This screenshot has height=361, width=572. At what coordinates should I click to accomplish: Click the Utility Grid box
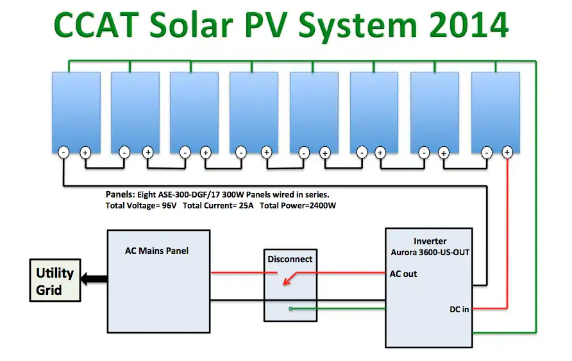click(55, 281)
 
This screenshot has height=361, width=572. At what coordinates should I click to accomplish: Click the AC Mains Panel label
click(156, 250)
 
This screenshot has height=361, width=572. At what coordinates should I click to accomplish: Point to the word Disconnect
click(290, 259)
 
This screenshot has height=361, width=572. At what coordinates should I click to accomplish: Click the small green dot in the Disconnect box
click(290, 309)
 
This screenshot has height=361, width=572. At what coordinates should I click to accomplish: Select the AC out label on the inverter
click(403, 274)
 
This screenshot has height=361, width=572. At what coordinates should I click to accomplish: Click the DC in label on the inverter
click(458, 309)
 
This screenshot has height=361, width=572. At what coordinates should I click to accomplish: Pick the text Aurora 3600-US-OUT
click(430, 253)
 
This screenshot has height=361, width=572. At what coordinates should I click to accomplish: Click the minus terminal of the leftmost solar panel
click(64, 153)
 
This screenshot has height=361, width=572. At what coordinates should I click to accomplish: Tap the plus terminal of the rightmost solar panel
click(507, 152)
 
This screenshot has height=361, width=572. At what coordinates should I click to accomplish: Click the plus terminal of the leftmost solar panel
click(85, 153)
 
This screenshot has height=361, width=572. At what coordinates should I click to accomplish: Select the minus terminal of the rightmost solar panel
click(487, 153)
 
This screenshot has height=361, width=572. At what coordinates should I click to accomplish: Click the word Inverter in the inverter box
click(430, 241)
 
